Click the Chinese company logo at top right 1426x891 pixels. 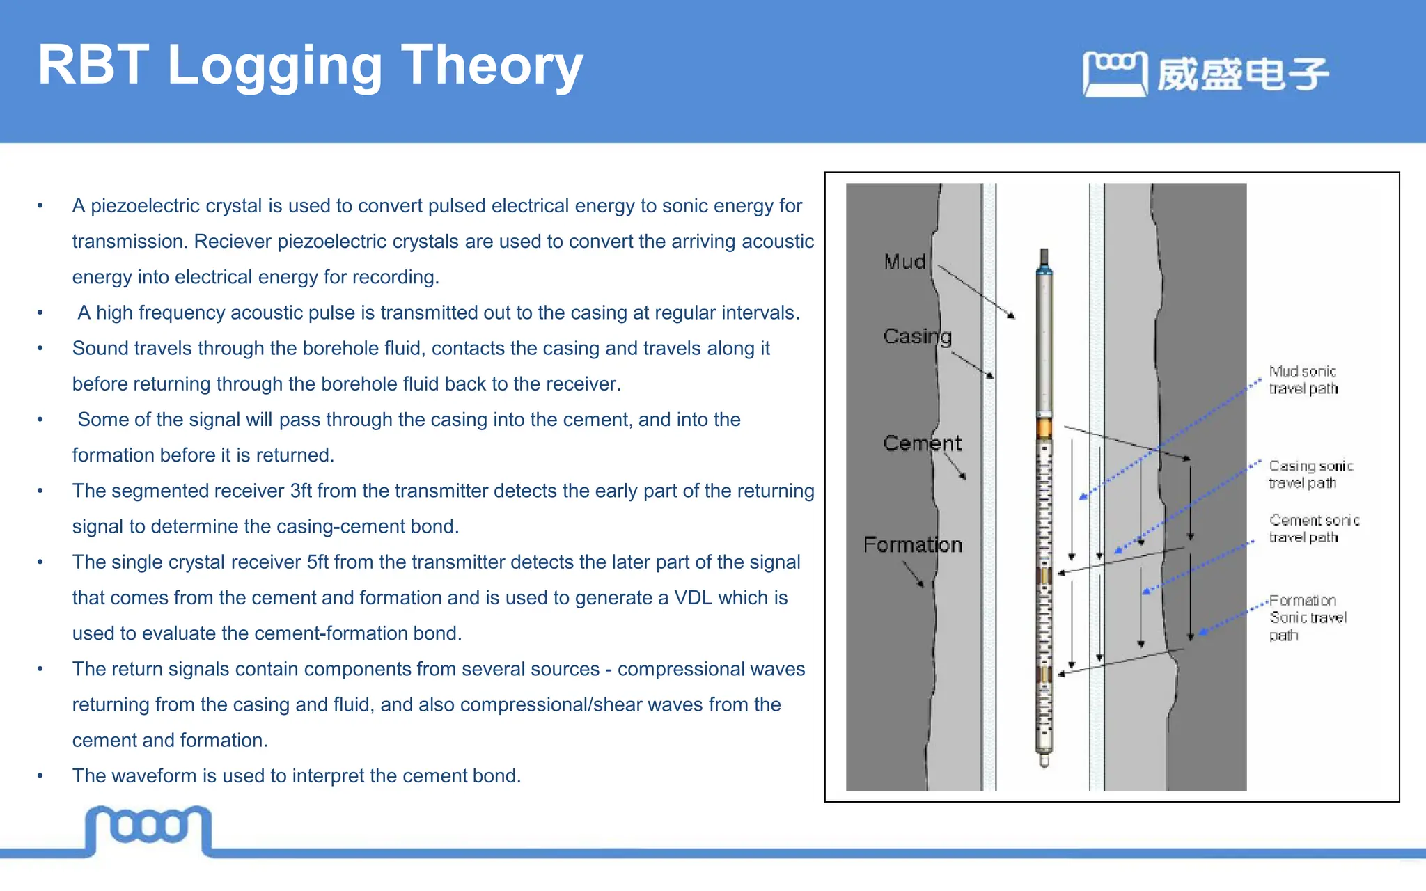coord(1205,74)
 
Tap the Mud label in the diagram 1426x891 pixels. coord(904,262)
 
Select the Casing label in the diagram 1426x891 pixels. coord(917,336)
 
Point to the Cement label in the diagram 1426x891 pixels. coord(922,443)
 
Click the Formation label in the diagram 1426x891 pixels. coord(912,544)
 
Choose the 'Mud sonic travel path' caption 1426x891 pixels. coord(1303,380)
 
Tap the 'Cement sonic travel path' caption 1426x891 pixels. coord(1313,528)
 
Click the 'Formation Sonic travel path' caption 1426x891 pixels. coord(1307,617)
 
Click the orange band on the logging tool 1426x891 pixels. coord(1044,427)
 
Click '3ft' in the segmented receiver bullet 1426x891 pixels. coord(301,491)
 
